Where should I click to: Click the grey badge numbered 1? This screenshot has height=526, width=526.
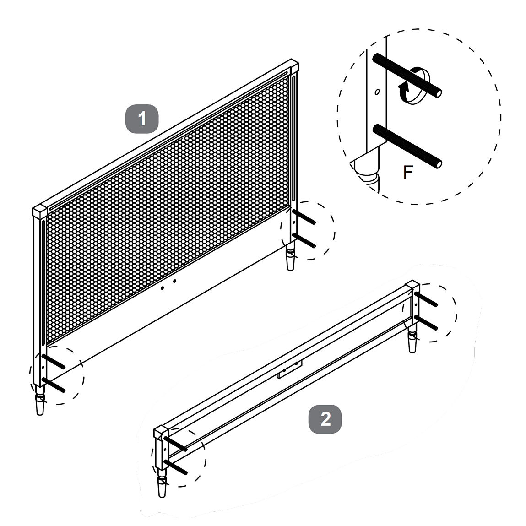(x=142, y=119)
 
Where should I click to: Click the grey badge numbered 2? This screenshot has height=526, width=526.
(x=325, y=419)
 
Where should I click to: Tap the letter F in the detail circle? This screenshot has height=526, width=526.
(x=407, y=172)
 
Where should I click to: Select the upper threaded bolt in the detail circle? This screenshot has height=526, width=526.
(x=407, y=76)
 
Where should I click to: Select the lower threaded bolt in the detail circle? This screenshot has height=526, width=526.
(x=407, y=146)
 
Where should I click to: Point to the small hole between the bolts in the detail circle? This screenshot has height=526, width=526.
(x=377, y=92)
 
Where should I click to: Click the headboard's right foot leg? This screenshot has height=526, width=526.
(x=291, y=257)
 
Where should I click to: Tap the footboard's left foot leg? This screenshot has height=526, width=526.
(x=163, y=483)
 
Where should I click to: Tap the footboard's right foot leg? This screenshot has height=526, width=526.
(x=412, y=338)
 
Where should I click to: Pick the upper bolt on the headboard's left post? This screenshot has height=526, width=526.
(x=54, y=361)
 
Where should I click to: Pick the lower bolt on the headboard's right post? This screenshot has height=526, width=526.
(x=304, y=240)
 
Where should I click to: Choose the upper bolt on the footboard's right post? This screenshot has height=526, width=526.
(x=426, y=299)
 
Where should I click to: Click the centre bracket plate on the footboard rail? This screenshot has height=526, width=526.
(x=290, y=369)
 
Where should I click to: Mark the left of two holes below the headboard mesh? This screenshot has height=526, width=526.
(x=163, y=288)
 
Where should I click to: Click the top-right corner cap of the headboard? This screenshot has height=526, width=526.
(x=293, y=65)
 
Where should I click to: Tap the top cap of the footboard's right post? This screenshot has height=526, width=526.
(x=413, y=287)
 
